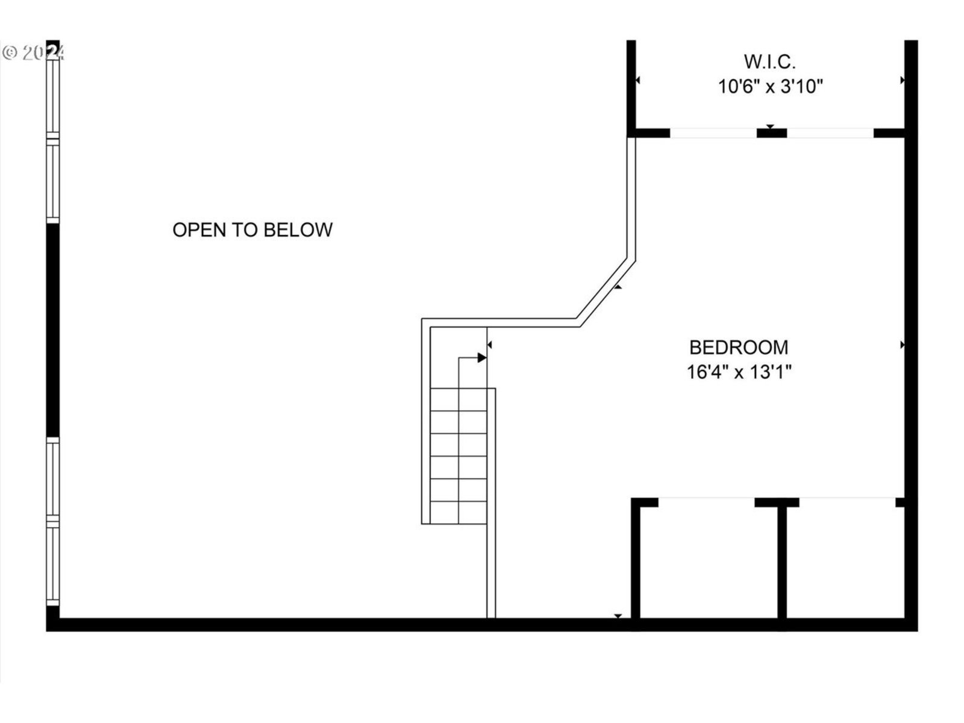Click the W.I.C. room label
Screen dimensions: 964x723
pos(769,61)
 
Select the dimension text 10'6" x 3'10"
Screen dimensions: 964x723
pos(770,87)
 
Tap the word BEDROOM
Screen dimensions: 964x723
pos(739,348)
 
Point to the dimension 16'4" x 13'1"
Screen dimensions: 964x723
pos(739,372)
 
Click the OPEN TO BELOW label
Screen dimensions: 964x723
pos(252,230)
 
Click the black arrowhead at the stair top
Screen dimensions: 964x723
pos(482,358)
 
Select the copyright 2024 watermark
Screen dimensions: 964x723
pos(33,53)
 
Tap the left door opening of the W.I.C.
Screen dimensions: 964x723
pos(713,133)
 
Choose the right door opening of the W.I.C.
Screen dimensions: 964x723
pos(830,133)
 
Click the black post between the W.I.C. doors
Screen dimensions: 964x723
pos(771,133)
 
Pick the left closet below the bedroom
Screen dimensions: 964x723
pos(708,560)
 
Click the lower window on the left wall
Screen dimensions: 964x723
pos(54,521)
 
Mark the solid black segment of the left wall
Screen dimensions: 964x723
pos(53,330)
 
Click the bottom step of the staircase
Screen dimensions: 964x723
pos(459,513)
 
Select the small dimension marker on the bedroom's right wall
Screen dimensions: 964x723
pos(903,345)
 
